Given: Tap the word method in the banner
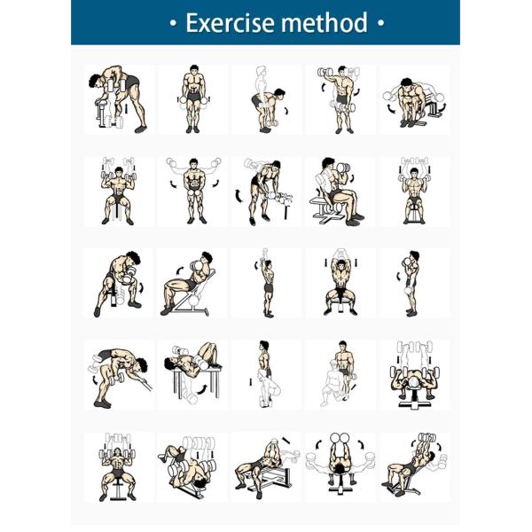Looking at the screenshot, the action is coord(325,22).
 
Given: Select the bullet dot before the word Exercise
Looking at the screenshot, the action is coord(174,23).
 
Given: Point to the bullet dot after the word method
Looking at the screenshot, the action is coord(380,23).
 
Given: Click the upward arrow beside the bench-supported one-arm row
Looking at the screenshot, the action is coord(126,108).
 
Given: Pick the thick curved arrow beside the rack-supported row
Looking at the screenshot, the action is coord(239,196).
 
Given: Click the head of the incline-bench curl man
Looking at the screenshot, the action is coord(206,259).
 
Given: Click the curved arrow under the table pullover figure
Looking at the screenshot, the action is coord(202,389).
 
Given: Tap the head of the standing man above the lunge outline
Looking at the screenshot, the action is coord(342,347).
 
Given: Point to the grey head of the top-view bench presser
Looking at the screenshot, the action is coord(415,382).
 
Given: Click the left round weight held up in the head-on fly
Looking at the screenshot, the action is coord(335,437).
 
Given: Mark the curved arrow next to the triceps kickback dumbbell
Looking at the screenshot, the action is coord(94,379).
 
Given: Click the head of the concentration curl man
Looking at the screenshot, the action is coord(133,258).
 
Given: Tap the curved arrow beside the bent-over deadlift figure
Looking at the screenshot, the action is coord(287,111).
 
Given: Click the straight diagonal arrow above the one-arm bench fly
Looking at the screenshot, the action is coord(286,440).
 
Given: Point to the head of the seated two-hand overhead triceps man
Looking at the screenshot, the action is coord(340,268).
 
